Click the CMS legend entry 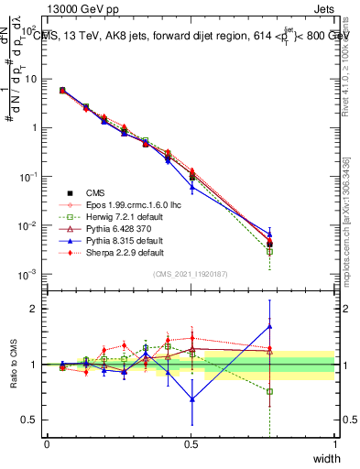point(94,192)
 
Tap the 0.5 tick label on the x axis point(191,443)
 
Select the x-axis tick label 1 point(335,443)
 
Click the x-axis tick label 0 point(47,443)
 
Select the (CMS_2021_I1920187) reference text point(191,273)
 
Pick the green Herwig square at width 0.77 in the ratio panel point(269,391)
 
